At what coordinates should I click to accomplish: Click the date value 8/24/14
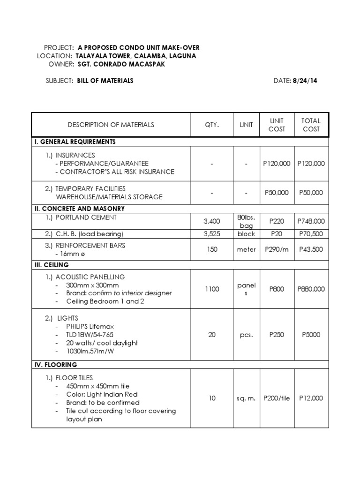(x=306, y=81)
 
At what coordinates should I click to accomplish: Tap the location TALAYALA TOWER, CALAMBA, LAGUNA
(x=136, y=56)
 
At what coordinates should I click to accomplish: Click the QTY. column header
(x=212, y=125)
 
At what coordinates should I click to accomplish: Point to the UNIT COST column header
(x=277, y=125)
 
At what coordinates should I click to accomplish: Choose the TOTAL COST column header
(x=311, y=125)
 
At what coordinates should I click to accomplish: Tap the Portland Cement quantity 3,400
(x=212, y=221)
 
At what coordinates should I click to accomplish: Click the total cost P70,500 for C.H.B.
(x=311, y=234)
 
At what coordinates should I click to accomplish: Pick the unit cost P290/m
(x=277, y=249)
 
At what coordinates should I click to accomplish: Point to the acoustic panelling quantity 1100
(x=212, y=289)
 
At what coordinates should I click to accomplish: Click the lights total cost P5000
(x=311, y=335)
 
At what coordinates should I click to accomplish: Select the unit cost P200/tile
(x=277, y=398)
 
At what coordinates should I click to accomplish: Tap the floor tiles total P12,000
(x=311, y=398)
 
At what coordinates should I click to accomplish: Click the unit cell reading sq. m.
(x=246, y=398)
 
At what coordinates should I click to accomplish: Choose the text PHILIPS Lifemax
(x=90, y=326)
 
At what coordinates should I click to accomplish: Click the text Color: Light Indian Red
(x=102, y=394)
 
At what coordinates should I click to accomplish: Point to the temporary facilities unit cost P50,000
(x=277, y=192)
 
